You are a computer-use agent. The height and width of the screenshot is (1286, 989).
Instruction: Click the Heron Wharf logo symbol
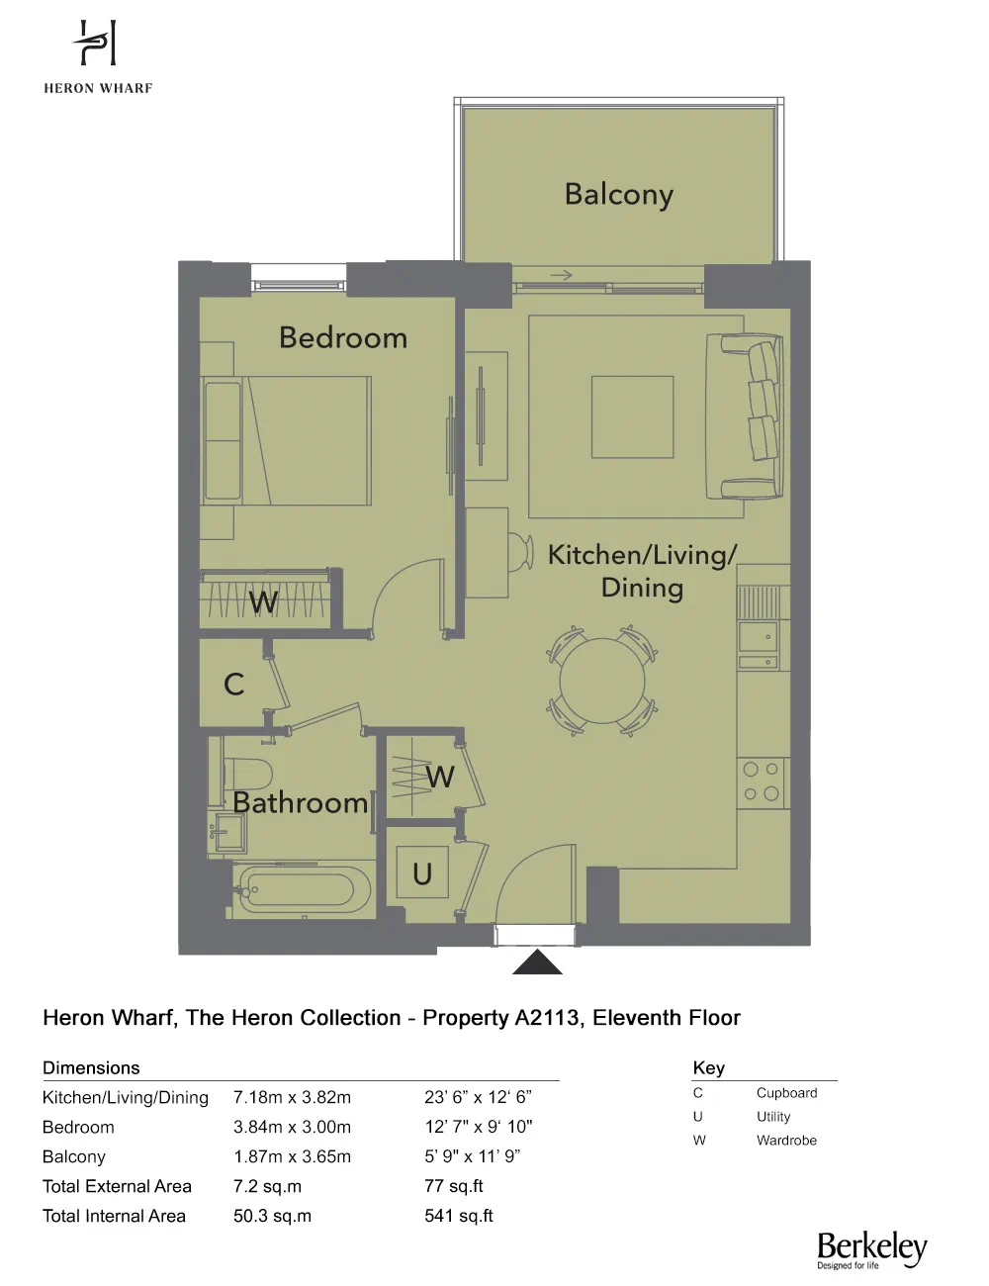97,44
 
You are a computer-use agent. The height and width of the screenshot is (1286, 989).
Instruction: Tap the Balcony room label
618,195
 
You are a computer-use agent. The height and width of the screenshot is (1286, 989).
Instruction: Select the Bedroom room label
342,338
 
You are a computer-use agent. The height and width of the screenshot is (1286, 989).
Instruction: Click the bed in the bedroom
287,441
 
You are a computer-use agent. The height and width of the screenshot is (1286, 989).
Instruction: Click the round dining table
601,682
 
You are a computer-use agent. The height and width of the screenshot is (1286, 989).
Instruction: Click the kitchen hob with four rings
762,781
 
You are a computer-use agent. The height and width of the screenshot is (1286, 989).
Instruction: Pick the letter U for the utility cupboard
422,873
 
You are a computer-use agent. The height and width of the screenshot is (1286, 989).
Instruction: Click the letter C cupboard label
234,685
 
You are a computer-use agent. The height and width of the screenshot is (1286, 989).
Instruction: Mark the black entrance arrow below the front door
537,963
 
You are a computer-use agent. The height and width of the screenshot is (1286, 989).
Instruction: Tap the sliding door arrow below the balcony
562,275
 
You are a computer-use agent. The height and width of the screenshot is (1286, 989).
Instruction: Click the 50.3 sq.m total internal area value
272,1216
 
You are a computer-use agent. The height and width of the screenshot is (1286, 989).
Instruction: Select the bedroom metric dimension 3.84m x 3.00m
292,1127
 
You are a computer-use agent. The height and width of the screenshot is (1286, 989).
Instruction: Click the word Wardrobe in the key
786,1141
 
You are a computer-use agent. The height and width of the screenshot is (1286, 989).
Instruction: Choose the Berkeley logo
871,1249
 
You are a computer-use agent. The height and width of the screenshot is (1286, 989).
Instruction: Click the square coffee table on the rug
632,416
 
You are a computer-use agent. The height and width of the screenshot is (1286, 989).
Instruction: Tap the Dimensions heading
91,1068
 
